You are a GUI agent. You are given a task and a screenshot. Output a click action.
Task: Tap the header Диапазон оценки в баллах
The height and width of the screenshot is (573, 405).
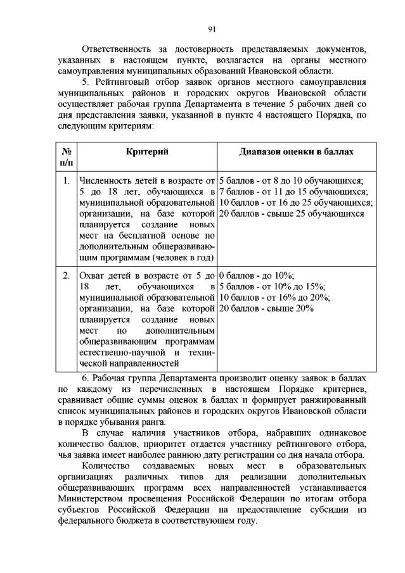coord(296,152)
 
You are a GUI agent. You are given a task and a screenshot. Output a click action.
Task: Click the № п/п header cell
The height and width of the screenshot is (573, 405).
coord(66,158)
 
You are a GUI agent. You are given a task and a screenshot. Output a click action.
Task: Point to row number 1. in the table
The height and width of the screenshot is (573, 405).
coord(66,180)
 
